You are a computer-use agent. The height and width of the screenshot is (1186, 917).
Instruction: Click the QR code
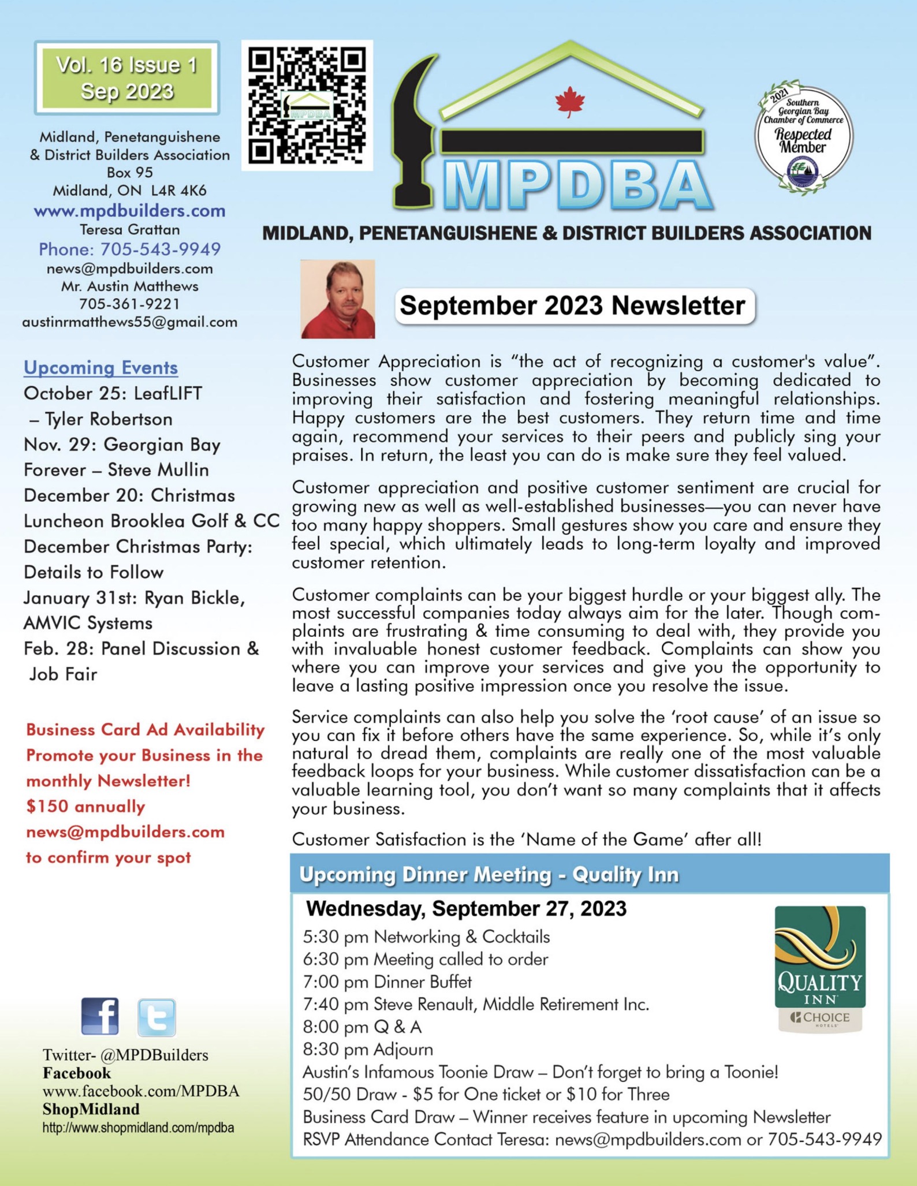[307, 105]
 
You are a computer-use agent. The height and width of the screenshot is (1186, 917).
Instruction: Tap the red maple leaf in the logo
[569, 102]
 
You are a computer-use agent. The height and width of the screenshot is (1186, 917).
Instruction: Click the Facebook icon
[100, 1016]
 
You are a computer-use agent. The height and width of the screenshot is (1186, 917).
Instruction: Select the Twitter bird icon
[156, 1017]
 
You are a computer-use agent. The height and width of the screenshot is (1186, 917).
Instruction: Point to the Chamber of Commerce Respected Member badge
[803, 137]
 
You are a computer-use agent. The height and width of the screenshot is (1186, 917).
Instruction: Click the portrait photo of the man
[338, 299]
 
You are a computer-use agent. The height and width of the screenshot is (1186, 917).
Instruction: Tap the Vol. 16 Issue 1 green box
[126, 78]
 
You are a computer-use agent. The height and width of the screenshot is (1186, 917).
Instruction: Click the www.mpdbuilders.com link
[129, 211]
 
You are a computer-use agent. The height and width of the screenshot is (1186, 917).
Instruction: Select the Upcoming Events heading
[100, 368]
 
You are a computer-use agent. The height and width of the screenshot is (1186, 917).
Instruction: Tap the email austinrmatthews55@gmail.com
[129, 322]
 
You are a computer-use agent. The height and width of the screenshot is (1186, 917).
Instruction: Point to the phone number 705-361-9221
[129, 304]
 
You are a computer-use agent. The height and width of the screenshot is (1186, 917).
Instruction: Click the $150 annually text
[85, 807]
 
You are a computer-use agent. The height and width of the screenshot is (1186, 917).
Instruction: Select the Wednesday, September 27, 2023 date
[466, 908]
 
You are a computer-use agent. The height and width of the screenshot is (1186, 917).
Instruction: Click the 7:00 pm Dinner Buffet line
[387, 982]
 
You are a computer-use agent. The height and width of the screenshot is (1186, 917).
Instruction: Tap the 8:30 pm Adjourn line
[368, 1049]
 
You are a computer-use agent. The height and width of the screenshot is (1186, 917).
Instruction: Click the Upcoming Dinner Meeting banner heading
[489, 875]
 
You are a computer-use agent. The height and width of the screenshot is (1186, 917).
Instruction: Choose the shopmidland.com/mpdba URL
[138, 1128]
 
